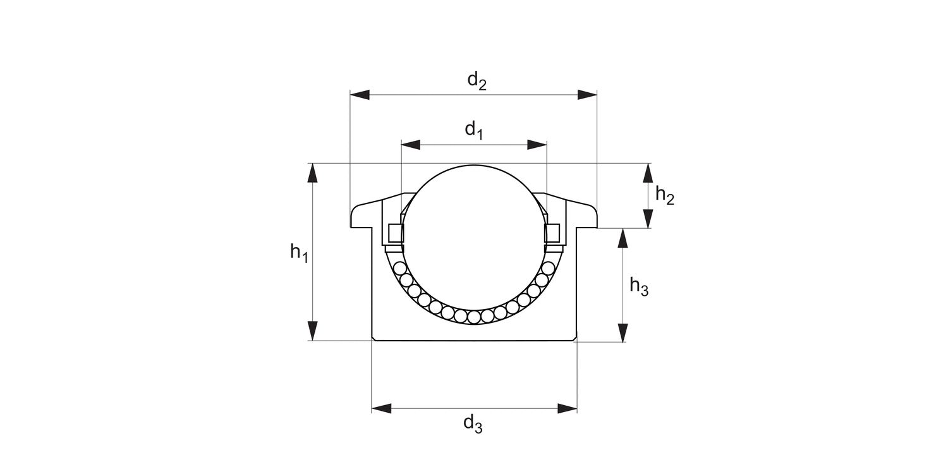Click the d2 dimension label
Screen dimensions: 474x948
477,81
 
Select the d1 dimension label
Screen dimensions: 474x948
474,130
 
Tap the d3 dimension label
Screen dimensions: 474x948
473,424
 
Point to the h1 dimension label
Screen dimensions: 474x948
299,253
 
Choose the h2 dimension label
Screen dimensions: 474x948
665,195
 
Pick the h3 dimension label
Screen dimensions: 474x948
639,288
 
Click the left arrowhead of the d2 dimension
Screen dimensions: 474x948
360,95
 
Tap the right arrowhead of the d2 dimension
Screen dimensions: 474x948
588,95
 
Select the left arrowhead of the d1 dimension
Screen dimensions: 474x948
410,145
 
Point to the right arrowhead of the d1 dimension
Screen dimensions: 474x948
537,145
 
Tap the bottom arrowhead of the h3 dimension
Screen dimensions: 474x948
623,332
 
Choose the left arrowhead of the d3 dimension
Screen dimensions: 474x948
381,408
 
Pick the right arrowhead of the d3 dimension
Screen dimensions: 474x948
568,408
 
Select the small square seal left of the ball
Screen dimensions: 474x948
395,233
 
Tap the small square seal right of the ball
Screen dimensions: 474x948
553,233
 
